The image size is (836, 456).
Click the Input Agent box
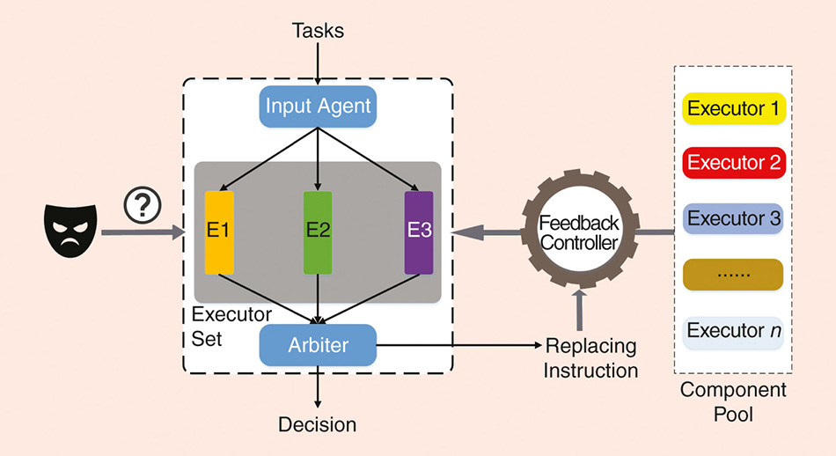tap(318, 107)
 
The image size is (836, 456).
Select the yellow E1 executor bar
tap(218, 232)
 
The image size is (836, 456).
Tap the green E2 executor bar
tap(317, 232)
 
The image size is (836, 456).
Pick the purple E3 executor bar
tap(419, 232)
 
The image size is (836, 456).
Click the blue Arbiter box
tap(318, 345)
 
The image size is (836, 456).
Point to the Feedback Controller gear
tap(579, 232)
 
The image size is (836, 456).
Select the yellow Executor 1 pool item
tap(733, 110)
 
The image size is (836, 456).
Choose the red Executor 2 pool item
tap(733, 163)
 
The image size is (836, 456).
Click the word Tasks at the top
tap(318, 31)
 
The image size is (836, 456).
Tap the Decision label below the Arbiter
tap(318, 424)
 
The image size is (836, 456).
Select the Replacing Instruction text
tap(590, 357)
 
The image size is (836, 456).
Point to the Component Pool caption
tap(733, 401)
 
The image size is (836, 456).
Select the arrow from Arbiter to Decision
tap(318, 388)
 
